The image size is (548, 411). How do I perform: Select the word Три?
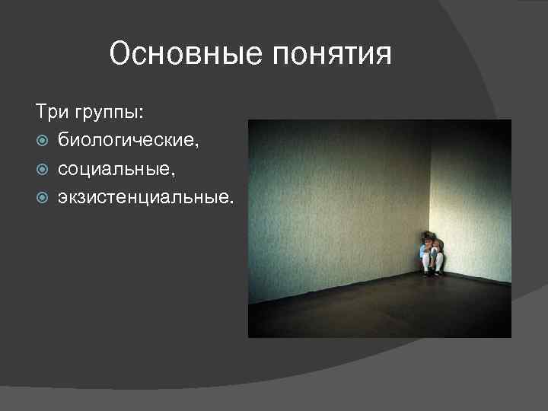click(49, 112)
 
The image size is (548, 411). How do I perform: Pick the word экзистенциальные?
click(144, 198)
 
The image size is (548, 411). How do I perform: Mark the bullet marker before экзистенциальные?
click(43, 198)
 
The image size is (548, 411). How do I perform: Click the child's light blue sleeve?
click(423, 249)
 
